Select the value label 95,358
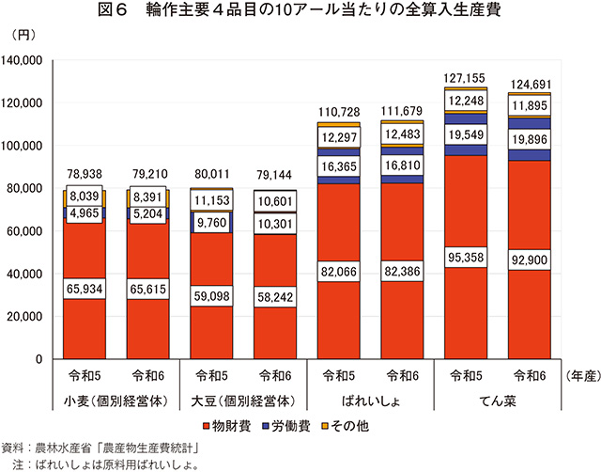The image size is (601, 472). tap(466, 258)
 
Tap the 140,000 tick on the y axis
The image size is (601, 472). tap(31, 60)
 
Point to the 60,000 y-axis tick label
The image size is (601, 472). tap(35, 231)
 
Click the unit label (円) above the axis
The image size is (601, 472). tap(25, 36)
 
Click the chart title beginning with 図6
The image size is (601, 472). tap(300, 11)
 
